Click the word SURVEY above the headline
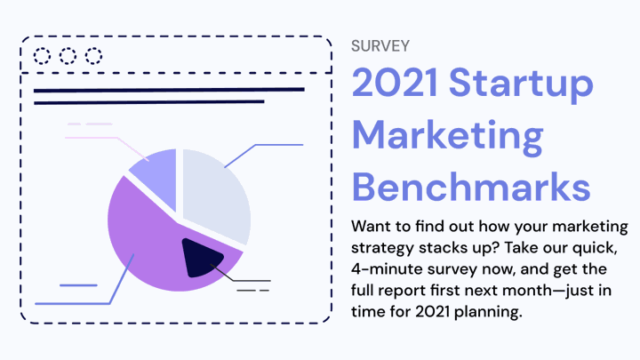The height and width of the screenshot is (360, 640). click(380, 46)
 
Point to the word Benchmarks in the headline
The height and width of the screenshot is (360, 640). click(471, 187)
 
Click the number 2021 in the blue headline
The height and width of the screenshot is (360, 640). click(395, 83)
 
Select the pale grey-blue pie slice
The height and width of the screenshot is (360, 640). click(214, 192)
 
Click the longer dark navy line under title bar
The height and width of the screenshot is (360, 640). click(169, 90)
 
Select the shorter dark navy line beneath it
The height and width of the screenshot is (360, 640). click(149, 102)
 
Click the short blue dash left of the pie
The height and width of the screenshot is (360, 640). click(78, 285)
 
